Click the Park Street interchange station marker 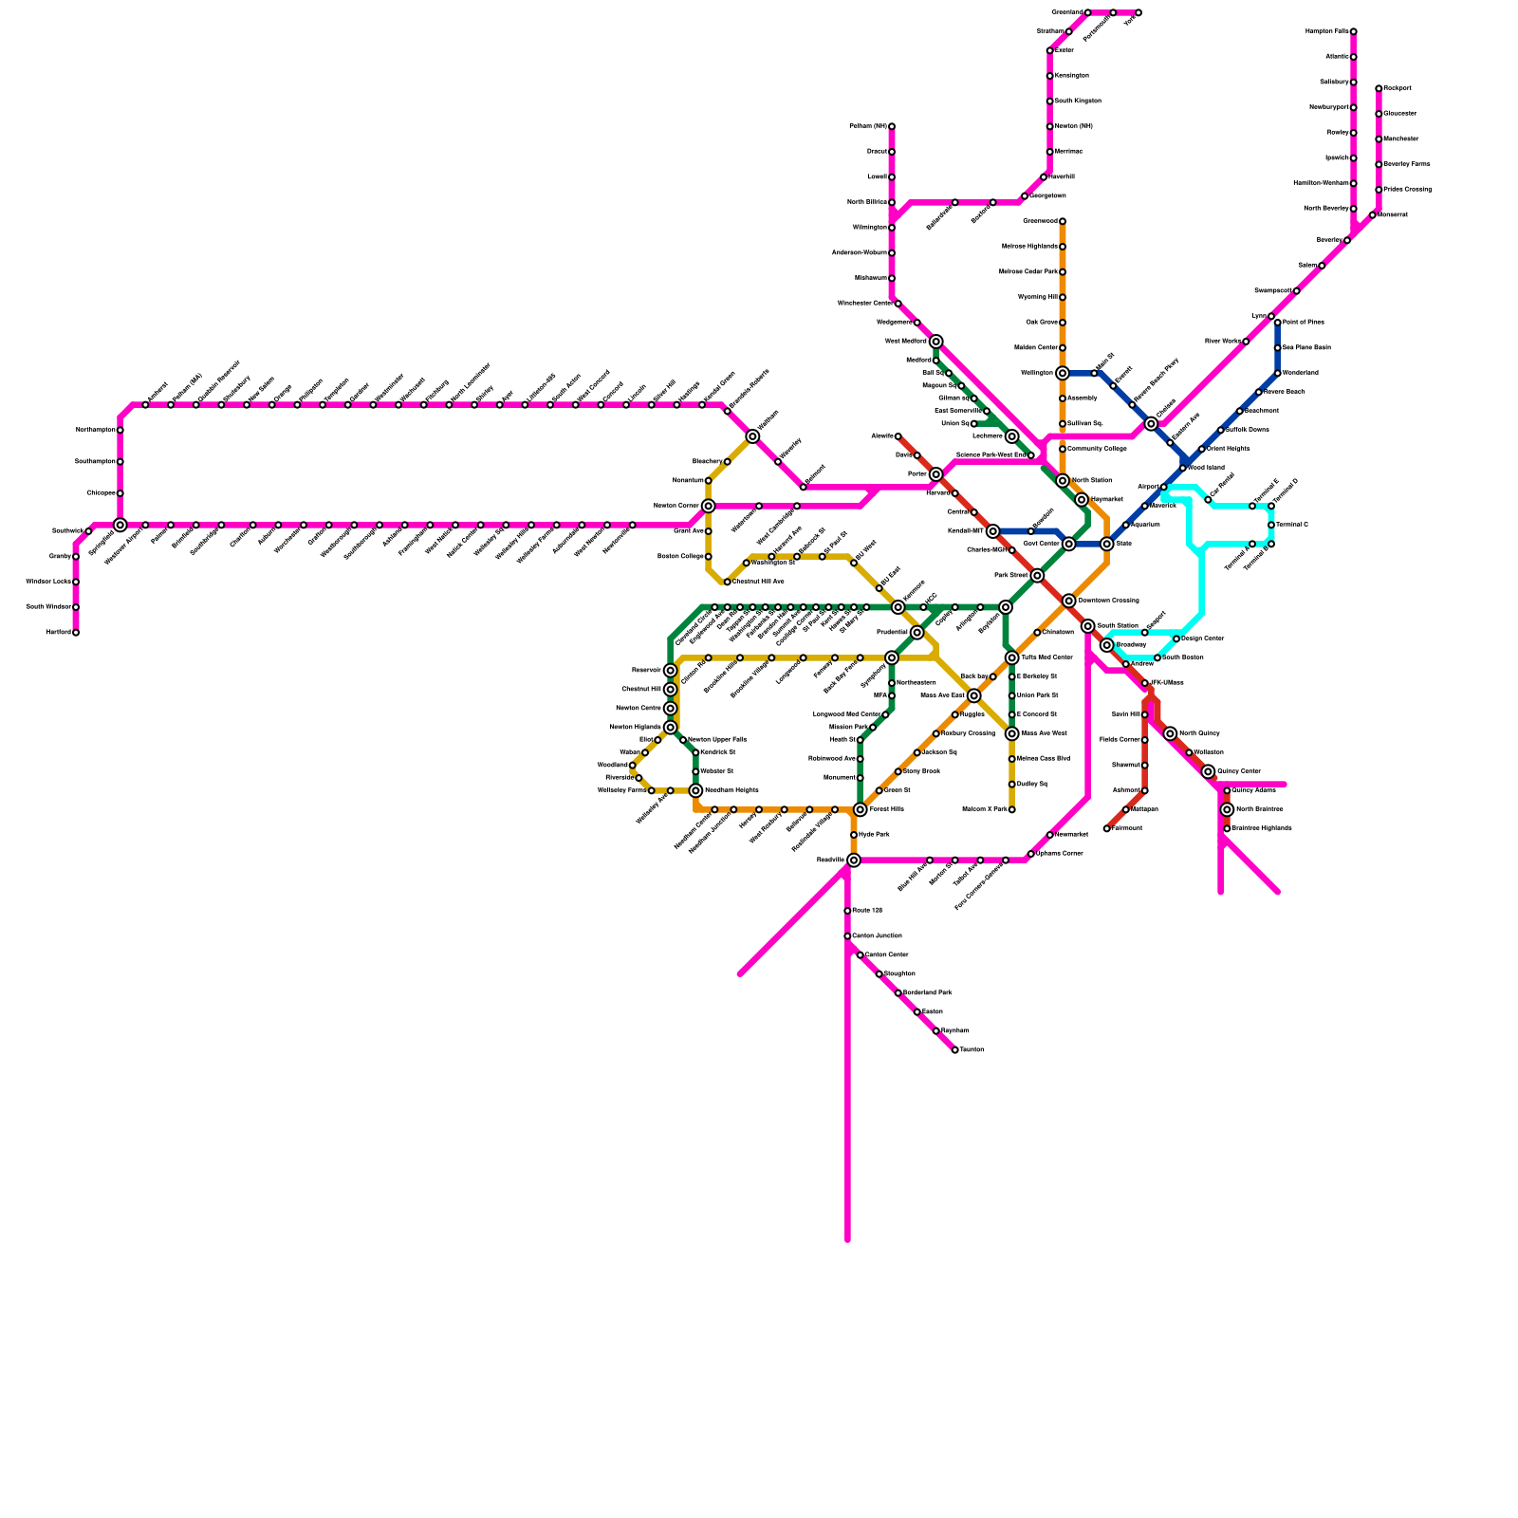pyautogui.click(x=1037, y=576)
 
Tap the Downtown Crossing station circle pyautogui.click(x=1069, y=601)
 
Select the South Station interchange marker pyautogui.click(x=1088, y=626)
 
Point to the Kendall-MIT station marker pyautogui.click(x=992, y=531)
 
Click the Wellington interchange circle pyautogui.click(x=1063, y=374)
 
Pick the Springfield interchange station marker pyautogui.click(x=120, y=525)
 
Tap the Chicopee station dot pyautogui.click(x=120, y=493)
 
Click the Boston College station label pyautogui.click(x=680, y=557)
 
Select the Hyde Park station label pyautogui.click(x=874, y=835)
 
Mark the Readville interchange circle pyautogui.click(x=854, y=861)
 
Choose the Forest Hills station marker pyautogui.click(x=860, y=809)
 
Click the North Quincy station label pyautogui.click(x=1199, y=733)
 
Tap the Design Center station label pyautogui.click(x=1203, y=639)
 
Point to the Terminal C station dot pyautogui.click(x=1271, y=525)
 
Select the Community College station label pyautogui.click(x=1097, y=449)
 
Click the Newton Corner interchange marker pyautogui.click(x=708, y=506)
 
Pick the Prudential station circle pyautogui.click(x=916, y=633)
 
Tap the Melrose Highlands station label pyautogui.click(x=1029, y=247)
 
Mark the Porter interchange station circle pyautogui.click(x=935, y=474)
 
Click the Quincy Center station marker pyautogui.click(x=1208, y=771)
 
